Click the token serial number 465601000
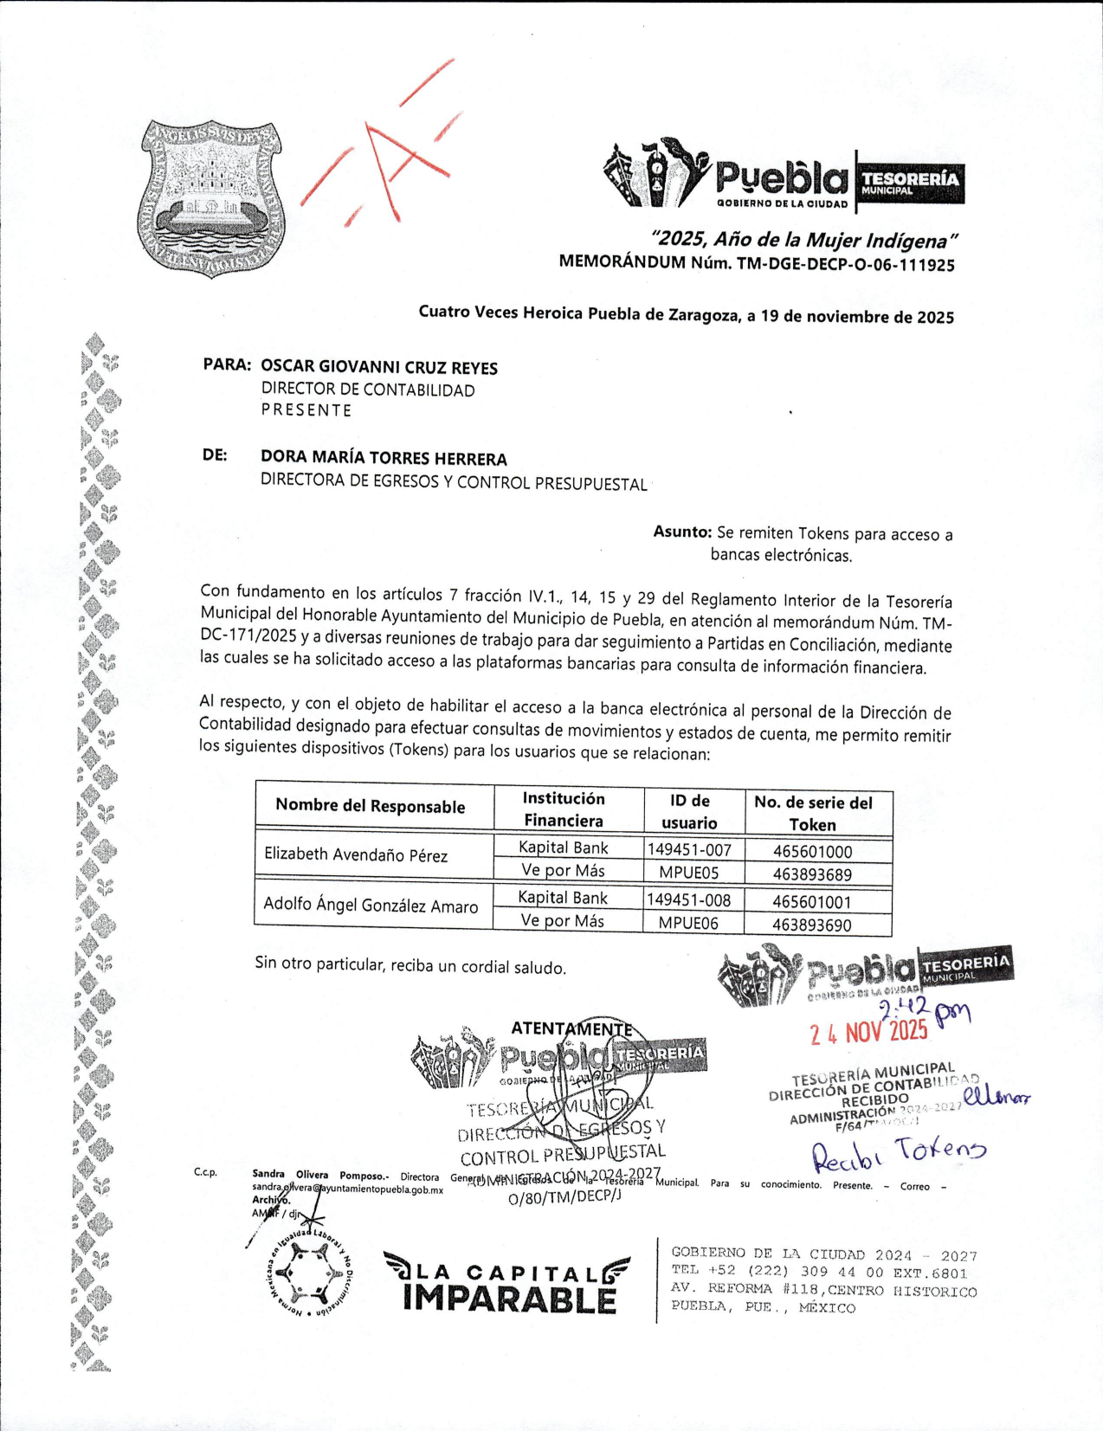click(812, 852)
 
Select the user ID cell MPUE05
click(688, 873)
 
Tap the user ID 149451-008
click(688, 900)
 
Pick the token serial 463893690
click(812, 925)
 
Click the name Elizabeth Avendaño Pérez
click(356, 855)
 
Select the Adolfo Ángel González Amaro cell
click(371, 906)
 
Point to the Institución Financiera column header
click(564, 809)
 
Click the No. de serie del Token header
click(813, 813)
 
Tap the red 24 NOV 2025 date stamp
click(868, 1032)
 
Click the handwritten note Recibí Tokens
click(898, 1152)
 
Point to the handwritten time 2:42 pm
click(923, 1009)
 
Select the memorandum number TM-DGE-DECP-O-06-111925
click(845, 265)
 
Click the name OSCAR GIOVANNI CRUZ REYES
click(379, 367)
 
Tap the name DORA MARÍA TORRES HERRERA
click(384, 459)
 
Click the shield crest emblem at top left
click(211, 198)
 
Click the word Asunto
click(682, 532)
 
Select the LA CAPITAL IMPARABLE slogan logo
click(508, 1283)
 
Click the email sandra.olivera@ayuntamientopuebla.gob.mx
click(347, 1189)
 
